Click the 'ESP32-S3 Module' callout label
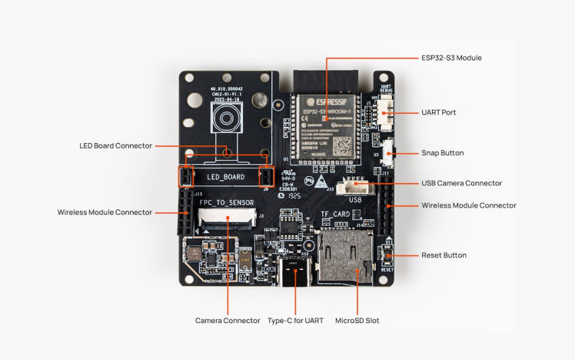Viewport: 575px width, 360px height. click(452, 58)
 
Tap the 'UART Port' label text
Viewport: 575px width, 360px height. click(439, 112)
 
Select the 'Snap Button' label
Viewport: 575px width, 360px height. click(443, 153)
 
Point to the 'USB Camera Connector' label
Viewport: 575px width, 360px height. click(461, 183)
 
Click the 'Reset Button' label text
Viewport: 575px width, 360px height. click(444, 255)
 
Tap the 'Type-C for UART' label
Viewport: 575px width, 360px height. click(294, 320)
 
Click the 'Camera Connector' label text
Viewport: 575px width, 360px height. click(228, 320)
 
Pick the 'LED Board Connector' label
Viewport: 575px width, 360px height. click(115, 145)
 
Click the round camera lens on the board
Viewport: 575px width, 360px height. click(226, 119)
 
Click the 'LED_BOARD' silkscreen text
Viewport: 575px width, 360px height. click(225, 177)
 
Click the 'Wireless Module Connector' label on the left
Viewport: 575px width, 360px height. click(105, 212)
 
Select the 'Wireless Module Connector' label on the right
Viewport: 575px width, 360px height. click(469, 205)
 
